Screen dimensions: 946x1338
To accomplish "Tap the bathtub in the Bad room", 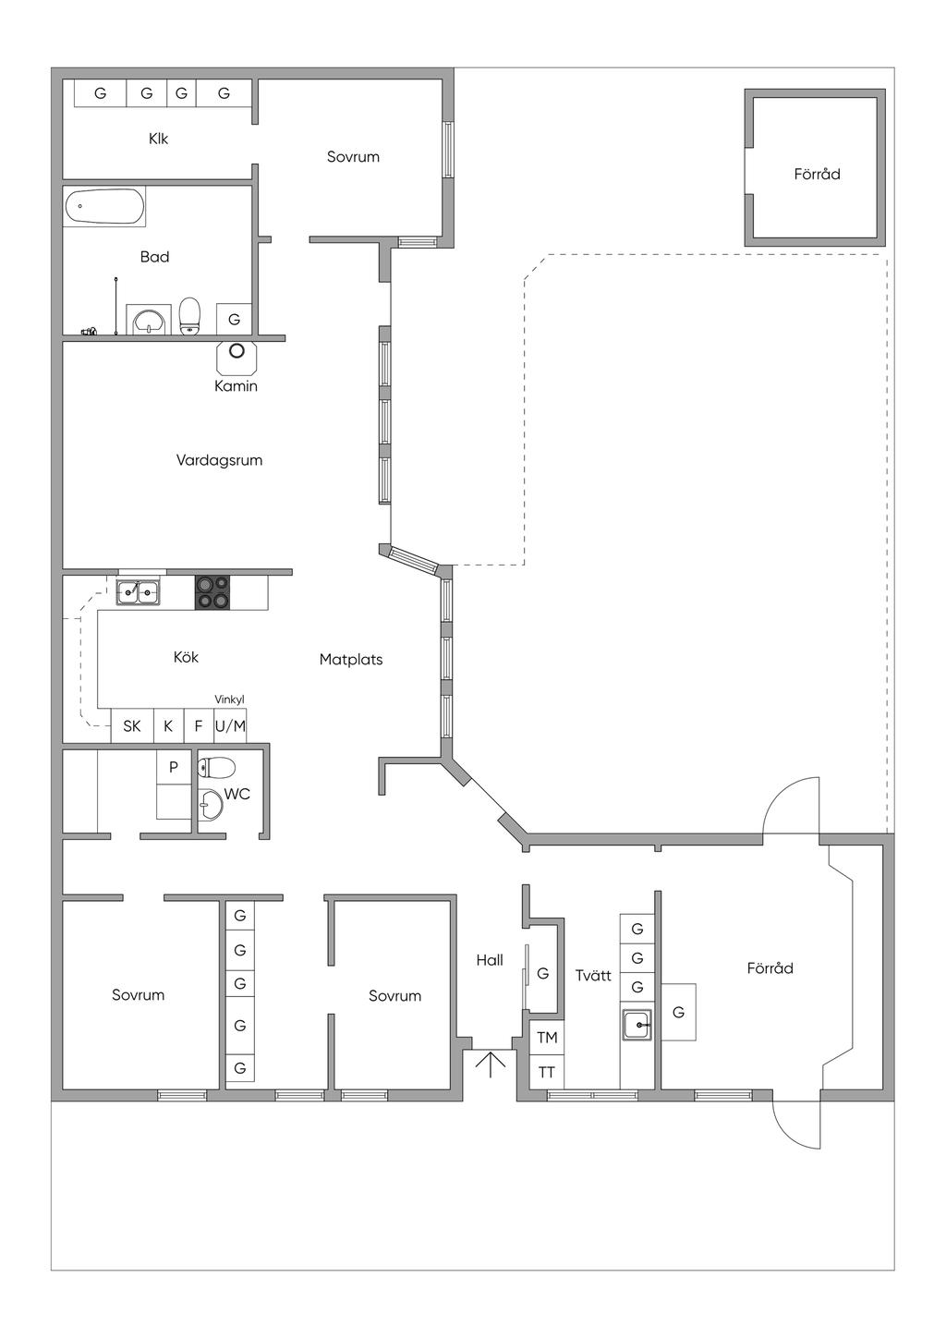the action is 104,207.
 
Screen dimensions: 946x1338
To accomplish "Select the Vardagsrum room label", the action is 219,460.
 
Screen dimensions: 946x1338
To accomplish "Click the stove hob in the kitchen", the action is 212,592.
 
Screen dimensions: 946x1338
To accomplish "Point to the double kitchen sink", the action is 139,593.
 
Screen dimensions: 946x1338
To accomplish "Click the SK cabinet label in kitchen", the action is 132,725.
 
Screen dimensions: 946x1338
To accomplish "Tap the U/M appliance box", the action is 231,725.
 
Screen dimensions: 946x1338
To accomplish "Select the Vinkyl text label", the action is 229,699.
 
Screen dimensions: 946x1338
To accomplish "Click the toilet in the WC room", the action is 217,768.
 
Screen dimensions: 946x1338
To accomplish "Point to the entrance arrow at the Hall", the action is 490,1064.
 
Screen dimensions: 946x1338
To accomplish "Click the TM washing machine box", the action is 547,1037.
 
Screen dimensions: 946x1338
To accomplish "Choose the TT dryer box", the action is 547,1072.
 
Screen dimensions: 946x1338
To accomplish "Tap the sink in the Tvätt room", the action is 637,1025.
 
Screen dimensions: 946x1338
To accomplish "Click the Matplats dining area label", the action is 351,660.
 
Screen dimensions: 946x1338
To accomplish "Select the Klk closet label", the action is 158,139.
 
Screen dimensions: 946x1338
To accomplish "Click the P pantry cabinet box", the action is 173,767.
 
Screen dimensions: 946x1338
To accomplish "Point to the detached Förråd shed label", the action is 817,174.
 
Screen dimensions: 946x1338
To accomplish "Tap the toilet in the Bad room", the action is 190,316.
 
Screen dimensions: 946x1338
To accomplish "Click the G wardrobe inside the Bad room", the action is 234,320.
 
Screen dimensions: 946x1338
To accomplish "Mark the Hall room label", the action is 490,960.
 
